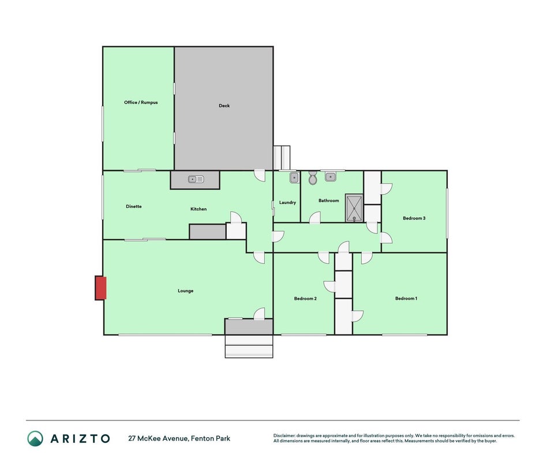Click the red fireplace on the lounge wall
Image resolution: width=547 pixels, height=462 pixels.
[101, 288]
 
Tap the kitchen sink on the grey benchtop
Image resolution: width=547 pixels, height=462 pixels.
[196, 180]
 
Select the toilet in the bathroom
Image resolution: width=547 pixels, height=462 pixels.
[313, 178]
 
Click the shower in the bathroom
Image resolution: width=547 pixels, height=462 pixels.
[354, 208]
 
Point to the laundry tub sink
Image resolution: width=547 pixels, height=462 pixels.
[294, 177]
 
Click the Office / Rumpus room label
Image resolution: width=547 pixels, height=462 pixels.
[141, 102]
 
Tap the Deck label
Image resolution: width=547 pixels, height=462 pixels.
[224, 106]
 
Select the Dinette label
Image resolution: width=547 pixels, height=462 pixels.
[134, 206]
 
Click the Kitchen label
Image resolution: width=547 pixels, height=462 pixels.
[198, 209]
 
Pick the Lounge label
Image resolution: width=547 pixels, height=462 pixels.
[186, 290]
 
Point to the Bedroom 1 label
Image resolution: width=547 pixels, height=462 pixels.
[406, 298]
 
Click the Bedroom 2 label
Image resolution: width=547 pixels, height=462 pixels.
[305, 298]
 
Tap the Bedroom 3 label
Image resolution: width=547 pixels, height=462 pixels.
[414, 218]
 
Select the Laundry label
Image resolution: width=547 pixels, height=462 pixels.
[287, 203]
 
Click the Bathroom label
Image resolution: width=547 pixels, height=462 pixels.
[329, 200]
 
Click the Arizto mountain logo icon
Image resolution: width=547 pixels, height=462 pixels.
[35, 438]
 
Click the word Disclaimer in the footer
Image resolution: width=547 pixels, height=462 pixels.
[284, 435]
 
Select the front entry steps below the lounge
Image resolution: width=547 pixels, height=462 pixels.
[249, 346]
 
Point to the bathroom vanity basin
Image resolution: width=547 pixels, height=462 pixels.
[330, 177]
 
